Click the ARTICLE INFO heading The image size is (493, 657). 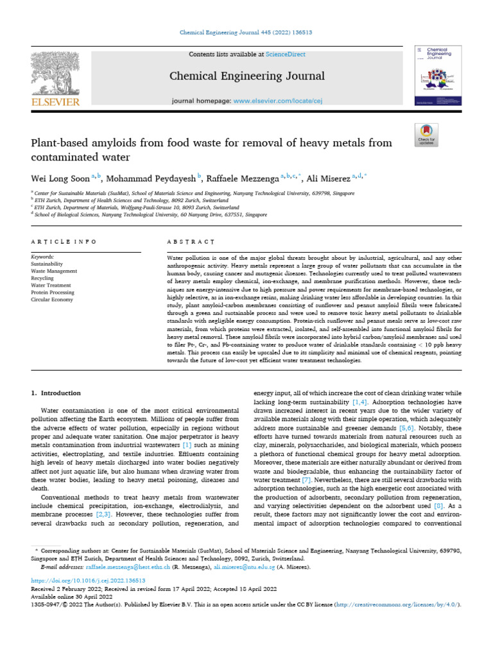pos(64,241)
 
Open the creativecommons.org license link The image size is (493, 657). pos(408,605)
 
